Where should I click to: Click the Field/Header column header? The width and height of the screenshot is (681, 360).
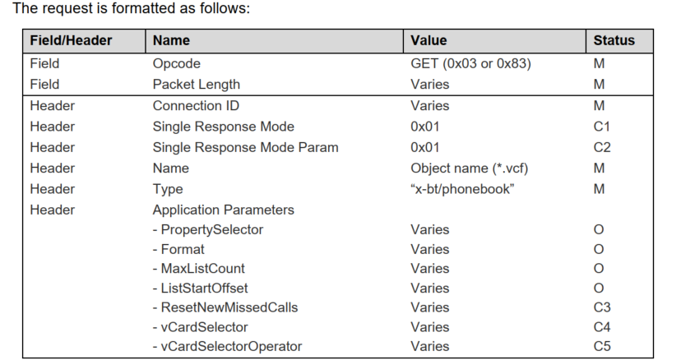(x=71, y=40)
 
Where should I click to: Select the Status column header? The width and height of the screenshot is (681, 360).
(x=614, y=40)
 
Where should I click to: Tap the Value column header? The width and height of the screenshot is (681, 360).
(x=429, y=40)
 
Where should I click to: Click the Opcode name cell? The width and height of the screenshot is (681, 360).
(x=177, y=63)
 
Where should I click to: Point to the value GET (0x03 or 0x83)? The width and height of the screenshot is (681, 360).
(x=470, y=63)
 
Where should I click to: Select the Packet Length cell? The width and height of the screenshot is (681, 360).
(x=197, y=84)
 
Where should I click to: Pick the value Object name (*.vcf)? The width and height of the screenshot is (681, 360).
(x=469, y=168)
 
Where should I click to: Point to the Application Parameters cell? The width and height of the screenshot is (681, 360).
(x=223, y=210)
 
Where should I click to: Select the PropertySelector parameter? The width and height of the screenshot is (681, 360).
(x=208, y=229)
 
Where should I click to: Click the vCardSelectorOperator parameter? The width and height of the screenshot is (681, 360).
(x=227, y=346)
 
